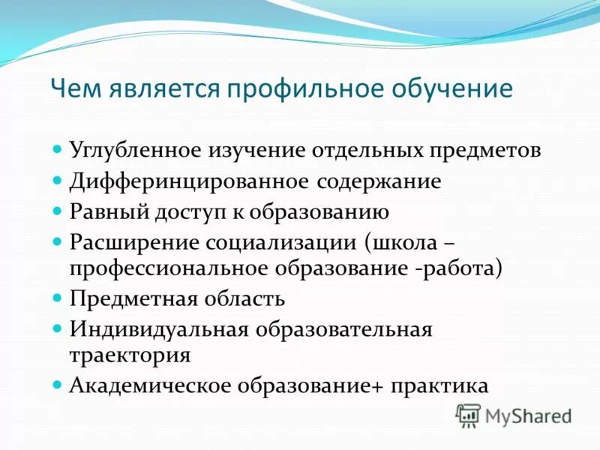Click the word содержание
pos(379,181)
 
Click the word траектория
pos(130,354)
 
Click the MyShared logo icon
pos(468,415)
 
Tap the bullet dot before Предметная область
pos(59,298)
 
